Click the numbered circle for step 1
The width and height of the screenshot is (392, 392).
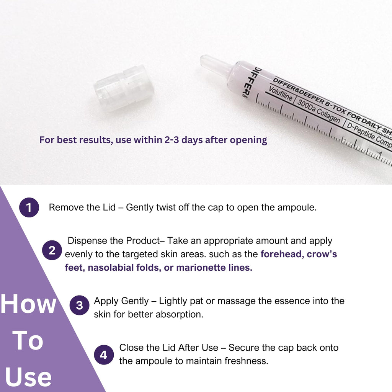coord(29,208)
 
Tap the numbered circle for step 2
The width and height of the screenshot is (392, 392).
coord(52,251)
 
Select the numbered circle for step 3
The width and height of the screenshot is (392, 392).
coord(79,305)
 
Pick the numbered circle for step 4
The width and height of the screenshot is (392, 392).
coord(104,355)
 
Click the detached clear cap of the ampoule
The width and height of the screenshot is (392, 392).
coord(124,88)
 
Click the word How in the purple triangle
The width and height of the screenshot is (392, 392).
coord(28,304)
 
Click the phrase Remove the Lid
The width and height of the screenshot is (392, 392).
coord(82,207)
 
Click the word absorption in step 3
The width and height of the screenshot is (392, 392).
coord(181,314)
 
